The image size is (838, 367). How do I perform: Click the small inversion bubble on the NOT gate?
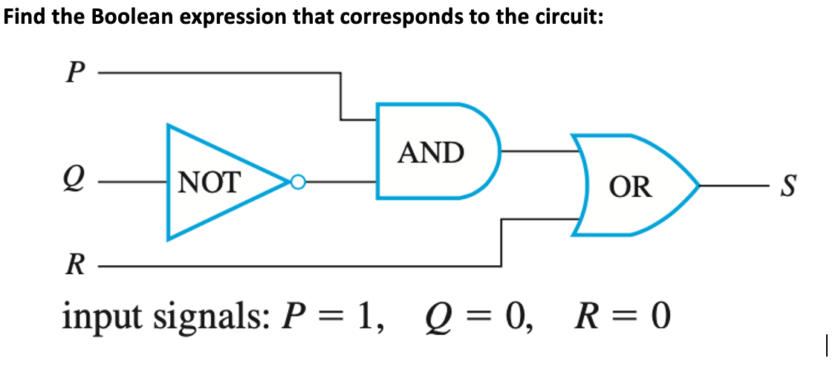[x=297, y=181]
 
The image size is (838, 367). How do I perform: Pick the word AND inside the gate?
[x=431, y=152]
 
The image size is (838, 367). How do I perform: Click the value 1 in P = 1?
[x=363, y=317]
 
